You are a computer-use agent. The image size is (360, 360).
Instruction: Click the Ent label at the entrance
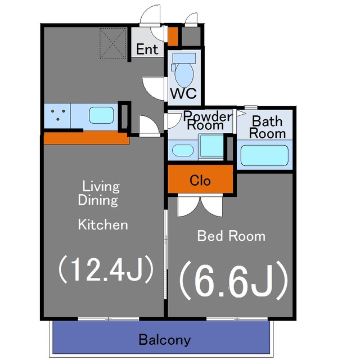[147, 49]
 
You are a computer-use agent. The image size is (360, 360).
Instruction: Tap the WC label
[183, 93]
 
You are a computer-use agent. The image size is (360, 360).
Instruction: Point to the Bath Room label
[267, 127]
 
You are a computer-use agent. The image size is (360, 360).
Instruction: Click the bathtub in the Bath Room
[264, 155]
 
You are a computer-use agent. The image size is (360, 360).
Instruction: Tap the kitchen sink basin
[101, 115]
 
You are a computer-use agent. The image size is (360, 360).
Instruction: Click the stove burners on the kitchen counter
[58, 115]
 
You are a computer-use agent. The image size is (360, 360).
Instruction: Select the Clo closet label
[200, 181]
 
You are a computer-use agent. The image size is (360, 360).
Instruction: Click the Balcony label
[165, 340]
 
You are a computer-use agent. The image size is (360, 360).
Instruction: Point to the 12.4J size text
[106, 269]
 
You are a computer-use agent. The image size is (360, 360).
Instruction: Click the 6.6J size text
[233, 281]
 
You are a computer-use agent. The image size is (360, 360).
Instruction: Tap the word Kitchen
[103, 224]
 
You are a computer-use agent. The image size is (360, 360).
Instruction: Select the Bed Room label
[231, 236]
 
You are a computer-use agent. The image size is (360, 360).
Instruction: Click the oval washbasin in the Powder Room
[183, 150]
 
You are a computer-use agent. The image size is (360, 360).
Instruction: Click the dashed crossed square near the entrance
[113, 43]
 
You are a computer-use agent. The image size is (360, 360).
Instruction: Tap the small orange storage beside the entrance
[173, 36]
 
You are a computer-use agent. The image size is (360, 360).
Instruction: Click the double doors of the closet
[200, 205]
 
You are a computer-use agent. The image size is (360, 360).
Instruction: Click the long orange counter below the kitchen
[86, 138]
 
